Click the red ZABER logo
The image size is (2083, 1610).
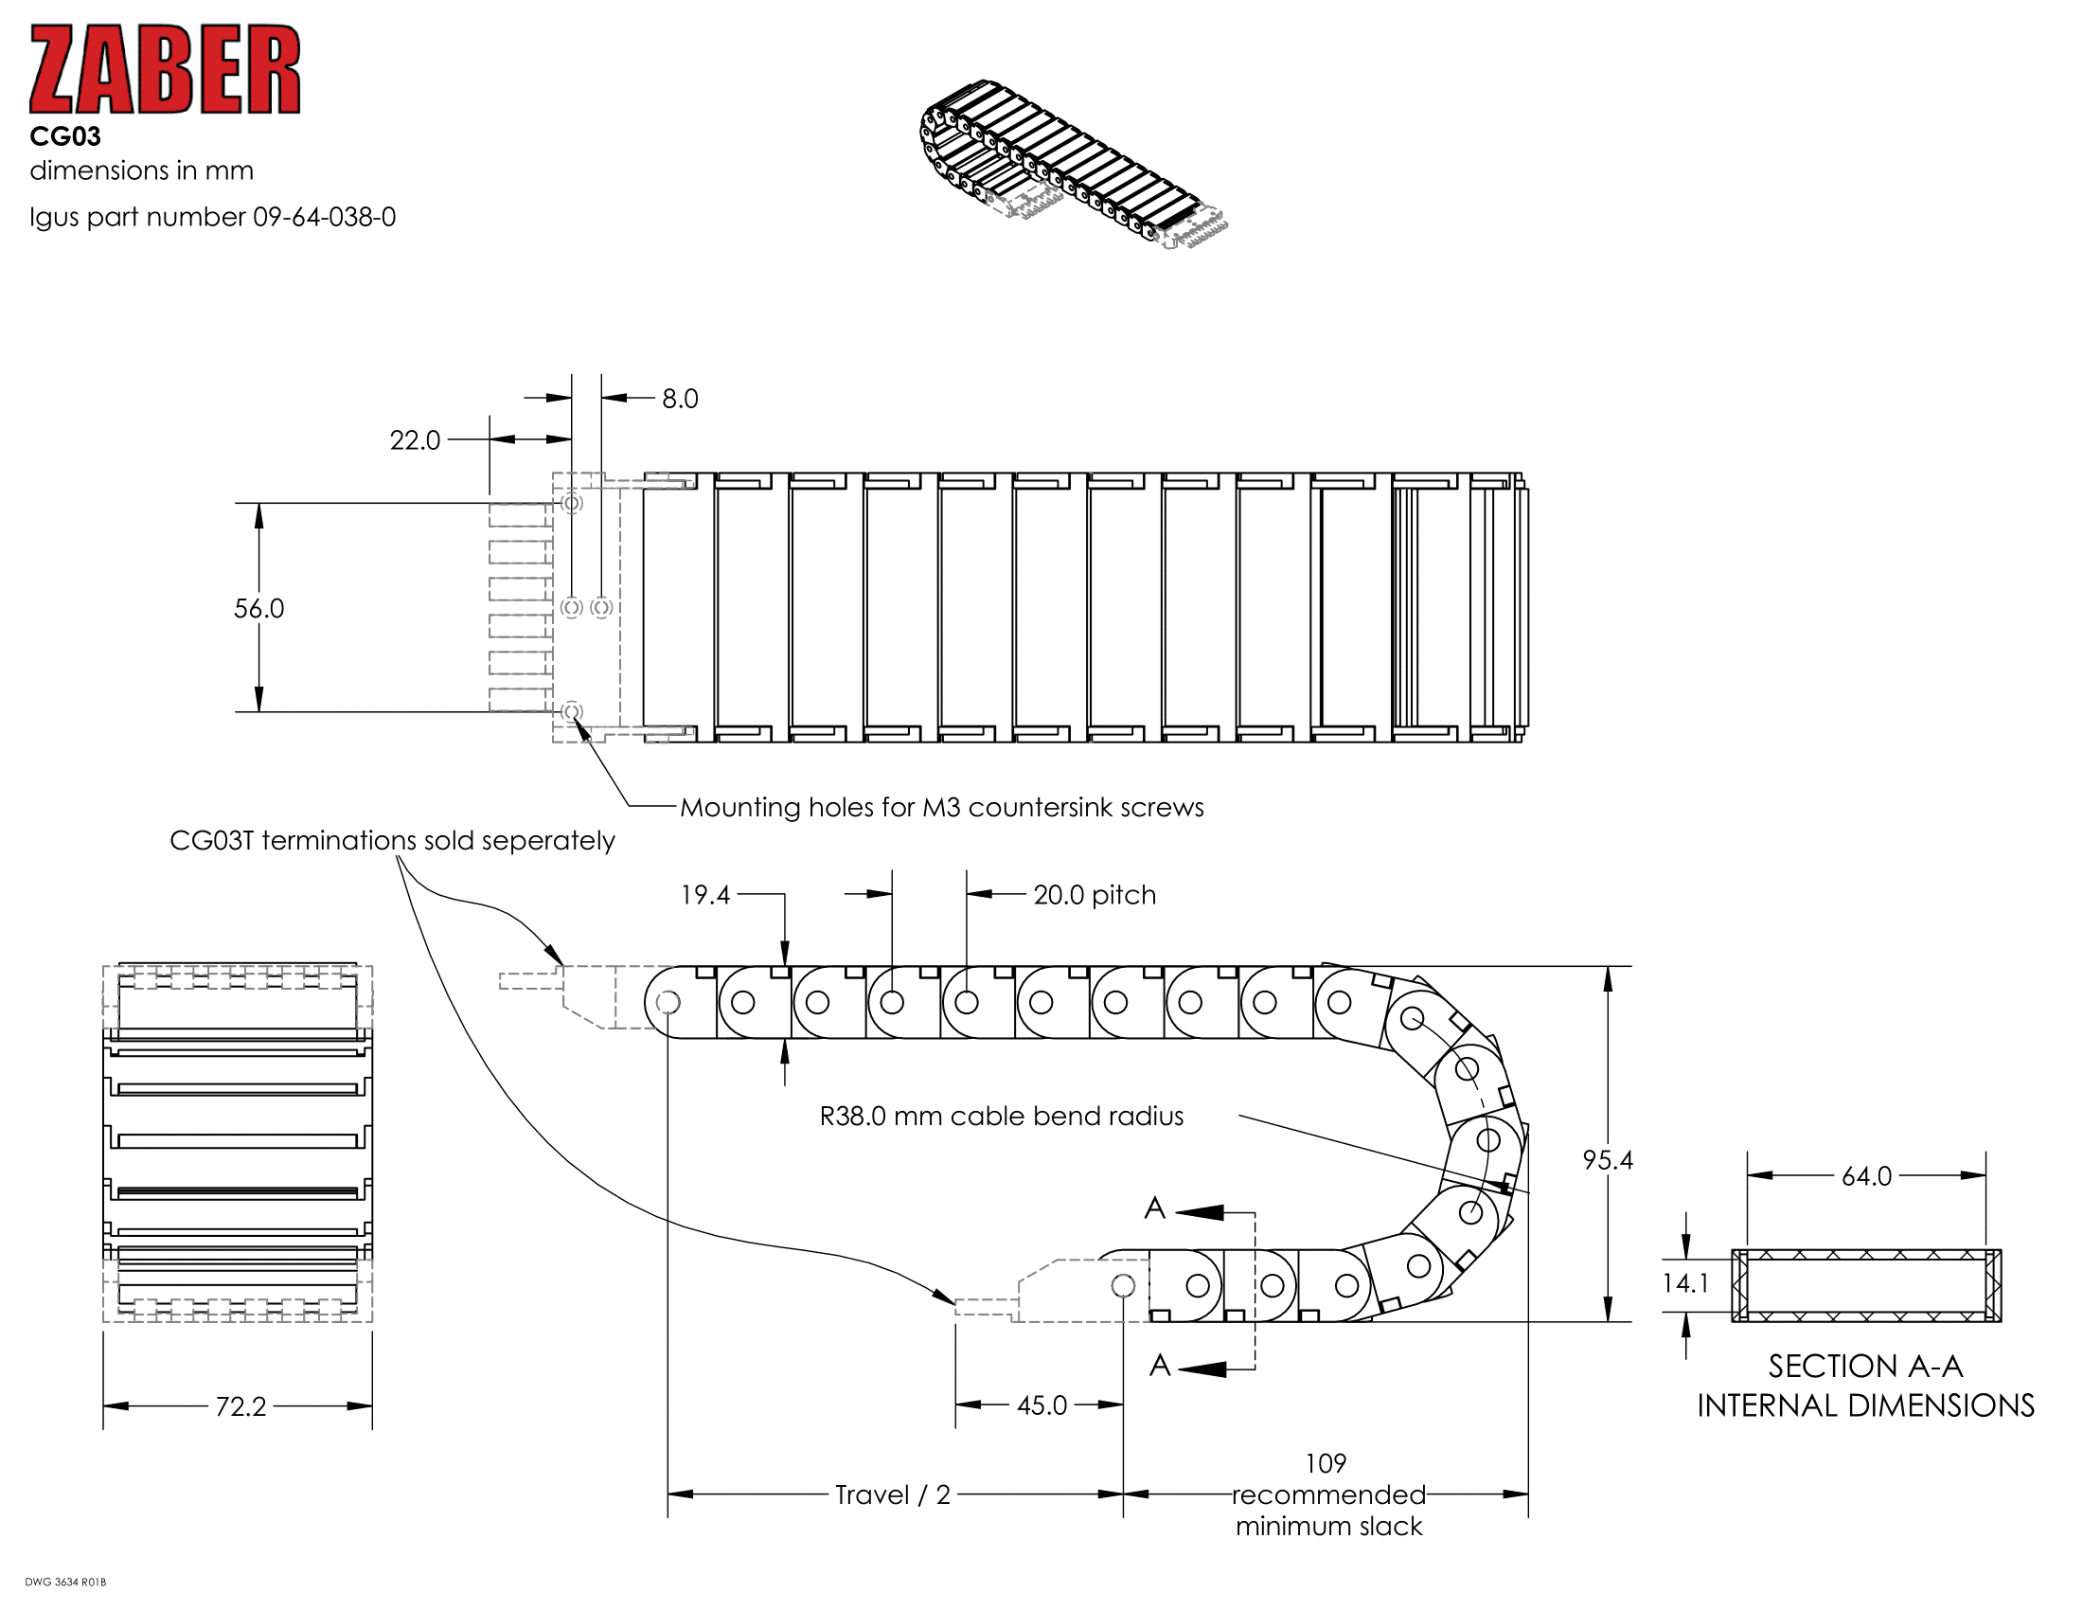165,70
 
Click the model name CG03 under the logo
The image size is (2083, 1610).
64,137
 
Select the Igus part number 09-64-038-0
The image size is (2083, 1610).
324,218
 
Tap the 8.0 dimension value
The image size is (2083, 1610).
680,399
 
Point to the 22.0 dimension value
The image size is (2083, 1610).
415,440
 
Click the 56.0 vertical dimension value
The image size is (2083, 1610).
258,609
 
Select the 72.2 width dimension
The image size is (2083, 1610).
240,1406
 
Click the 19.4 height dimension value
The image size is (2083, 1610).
704,895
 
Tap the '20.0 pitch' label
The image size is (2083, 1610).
1094,895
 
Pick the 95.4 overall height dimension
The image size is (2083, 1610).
1608,1160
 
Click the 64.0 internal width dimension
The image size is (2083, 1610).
1866,1176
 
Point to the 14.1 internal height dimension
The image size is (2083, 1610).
1685,1284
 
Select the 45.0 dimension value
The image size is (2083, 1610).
1041,1404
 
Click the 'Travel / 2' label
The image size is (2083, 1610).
893,1494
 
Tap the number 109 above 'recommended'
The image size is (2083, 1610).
1326,1463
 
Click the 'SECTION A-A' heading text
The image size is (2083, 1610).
1865,1367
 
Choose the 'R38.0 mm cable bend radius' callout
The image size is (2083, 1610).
1002,1116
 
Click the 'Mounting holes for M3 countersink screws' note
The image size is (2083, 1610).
941,808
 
